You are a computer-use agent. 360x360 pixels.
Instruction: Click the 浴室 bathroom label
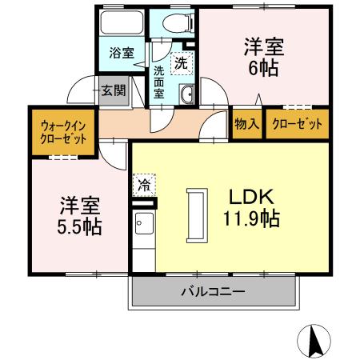coord(121,54)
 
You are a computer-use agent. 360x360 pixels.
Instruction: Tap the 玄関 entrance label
coord(113,90)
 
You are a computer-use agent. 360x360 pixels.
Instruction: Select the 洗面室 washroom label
coord(160,82)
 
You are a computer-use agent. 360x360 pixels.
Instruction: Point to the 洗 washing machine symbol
coord(182,62)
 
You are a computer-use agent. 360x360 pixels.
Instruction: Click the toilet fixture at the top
coord(170,25)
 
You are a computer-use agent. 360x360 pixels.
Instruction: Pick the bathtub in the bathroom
coord(122,24)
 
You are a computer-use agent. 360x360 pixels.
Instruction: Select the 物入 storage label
coord(246,123)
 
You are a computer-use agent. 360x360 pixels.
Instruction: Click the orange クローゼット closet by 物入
coord(297,123)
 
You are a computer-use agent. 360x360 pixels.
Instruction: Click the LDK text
coord(254,197)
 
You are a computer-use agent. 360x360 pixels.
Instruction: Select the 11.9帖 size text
coord(251,218)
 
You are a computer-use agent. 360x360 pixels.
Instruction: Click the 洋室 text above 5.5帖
coord(78,203)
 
